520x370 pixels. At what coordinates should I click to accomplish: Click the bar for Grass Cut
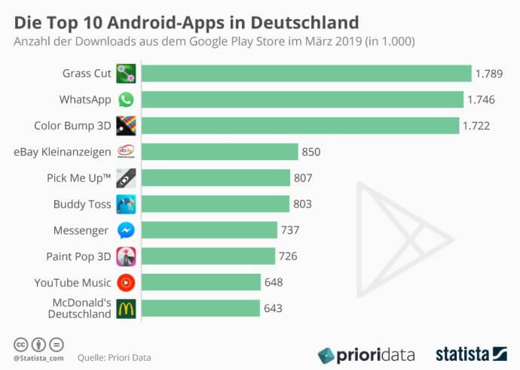click(x=306, y=73)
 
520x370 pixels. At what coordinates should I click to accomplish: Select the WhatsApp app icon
click(x=126, y=99)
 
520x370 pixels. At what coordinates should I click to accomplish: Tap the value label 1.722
click(x=477, y=126)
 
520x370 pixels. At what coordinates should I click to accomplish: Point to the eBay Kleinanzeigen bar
click(x=219, y=152)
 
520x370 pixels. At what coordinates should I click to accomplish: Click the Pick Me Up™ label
click(x=78, y=177)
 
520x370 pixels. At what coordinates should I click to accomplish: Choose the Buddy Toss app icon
click(x=126, y=204)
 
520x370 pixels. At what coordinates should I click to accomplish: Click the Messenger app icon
click(x=126, y=230)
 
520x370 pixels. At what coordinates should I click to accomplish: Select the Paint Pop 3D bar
click(x=208, y=256)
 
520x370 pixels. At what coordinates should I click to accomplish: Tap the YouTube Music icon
click(x=126, y=283)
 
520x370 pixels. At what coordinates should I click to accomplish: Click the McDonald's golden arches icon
click(x=126, y=308)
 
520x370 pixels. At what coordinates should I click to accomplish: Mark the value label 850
click(x=311, y=152)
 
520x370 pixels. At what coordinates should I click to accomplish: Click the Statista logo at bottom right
click(x=471, y=353)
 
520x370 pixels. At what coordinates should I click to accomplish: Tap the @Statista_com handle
click(x=38, y=358)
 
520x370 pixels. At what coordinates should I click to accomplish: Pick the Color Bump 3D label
click(x=73, y=126)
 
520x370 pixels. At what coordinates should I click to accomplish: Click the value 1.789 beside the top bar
click(x=488, y=73)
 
